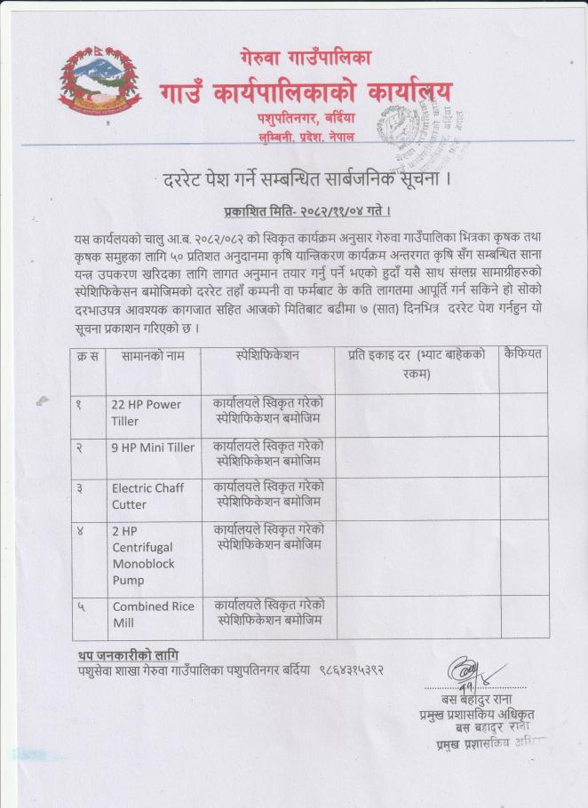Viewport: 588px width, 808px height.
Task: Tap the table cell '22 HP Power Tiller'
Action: point(147,412)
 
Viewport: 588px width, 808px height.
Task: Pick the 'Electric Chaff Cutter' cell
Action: point(147,495)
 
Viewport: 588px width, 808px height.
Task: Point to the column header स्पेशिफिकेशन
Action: point(267,355)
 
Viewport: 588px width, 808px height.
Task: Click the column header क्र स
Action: point(88,355)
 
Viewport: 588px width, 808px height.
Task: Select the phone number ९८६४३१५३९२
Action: point(351,670)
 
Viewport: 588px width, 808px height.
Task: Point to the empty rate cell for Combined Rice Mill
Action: point(417,614)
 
